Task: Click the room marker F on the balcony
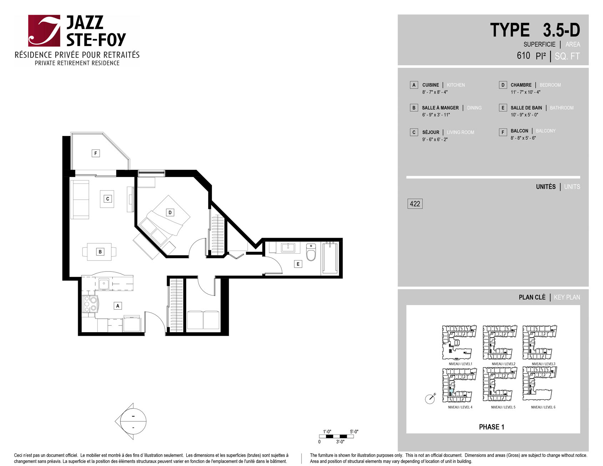[x=96, y=153]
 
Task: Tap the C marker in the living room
[x=107, y=199]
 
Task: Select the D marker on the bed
[x=170, y=212]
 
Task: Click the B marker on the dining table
[x=100, y=252]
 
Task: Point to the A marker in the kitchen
[x=118, y=305]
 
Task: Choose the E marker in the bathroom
[x=298, y=264]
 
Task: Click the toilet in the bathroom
[x=311, y=252]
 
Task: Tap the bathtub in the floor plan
[x=330, y=258]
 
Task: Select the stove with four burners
[x=90, y=304]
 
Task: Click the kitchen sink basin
[x=104, y=284]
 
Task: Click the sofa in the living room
[x=80, y=199]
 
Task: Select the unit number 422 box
[x=415, y=204]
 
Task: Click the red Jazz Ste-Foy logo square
[x=44, y=31]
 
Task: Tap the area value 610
[x=523, y=56]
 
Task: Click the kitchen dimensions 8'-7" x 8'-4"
[x=435, y=92]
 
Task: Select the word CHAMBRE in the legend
[x=521, y=85]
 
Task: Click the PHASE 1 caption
[x=491, y=427]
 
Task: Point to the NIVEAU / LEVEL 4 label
[x=460, y=407]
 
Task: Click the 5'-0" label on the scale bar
[x=354, y=431]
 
